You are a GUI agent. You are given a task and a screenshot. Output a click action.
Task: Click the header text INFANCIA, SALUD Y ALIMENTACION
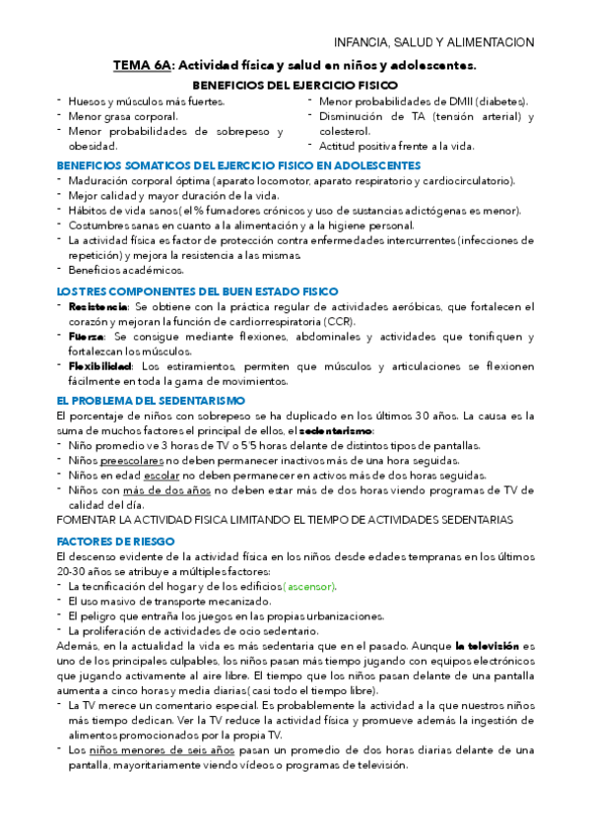pos(434,42)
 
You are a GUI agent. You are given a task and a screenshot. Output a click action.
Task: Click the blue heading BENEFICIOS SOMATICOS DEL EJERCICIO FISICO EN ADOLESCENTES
pos(239,165)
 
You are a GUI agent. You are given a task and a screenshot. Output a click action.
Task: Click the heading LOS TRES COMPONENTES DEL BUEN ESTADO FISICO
pos(198,291)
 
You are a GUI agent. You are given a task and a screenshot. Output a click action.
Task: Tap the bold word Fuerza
pos(87,337)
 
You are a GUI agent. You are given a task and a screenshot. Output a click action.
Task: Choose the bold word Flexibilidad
pos(99,366)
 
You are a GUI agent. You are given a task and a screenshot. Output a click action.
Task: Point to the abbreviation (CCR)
pos(338,322)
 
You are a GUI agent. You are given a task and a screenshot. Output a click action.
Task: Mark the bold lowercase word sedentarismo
pos(336,430)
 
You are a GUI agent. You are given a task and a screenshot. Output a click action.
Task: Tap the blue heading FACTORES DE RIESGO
pos(115,542)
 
